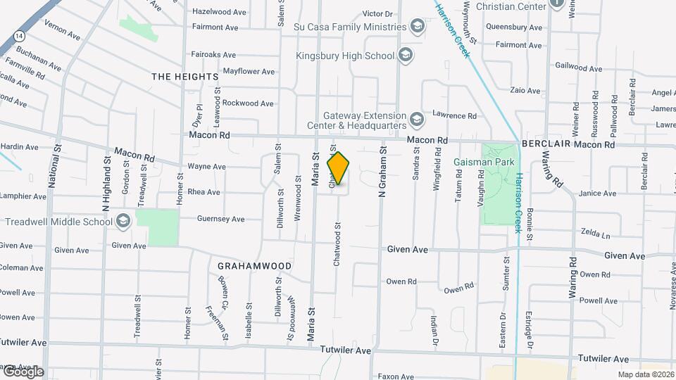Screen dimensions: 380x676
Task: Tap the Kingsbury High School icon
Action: [406, 54]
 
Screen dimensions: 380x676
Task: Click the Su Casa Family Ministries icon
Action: [418, 27]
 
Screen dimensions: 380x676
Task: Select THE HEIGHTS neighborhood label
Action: [185, 76]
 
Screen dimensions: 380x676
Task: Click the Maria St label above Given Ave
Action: [316, 172]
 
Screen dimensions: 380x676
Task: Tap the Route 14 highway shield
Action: [18, 34]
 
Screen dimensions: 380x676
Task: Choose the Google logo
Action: [23, 372]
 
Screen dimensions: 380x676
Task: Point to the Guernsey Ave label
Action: [221, 219]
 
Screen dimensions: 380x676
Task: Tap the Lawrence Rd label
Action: [454, 115]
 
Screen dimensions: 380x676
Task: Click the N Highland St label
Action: [106, 184]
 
